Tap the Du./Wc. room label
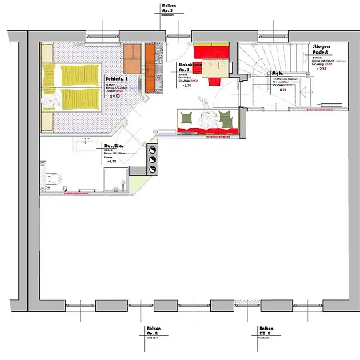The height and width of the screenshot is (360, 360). click(x=114, y=146)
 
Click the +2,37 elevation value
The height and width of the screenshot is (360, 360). click(x=322, y=70)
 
